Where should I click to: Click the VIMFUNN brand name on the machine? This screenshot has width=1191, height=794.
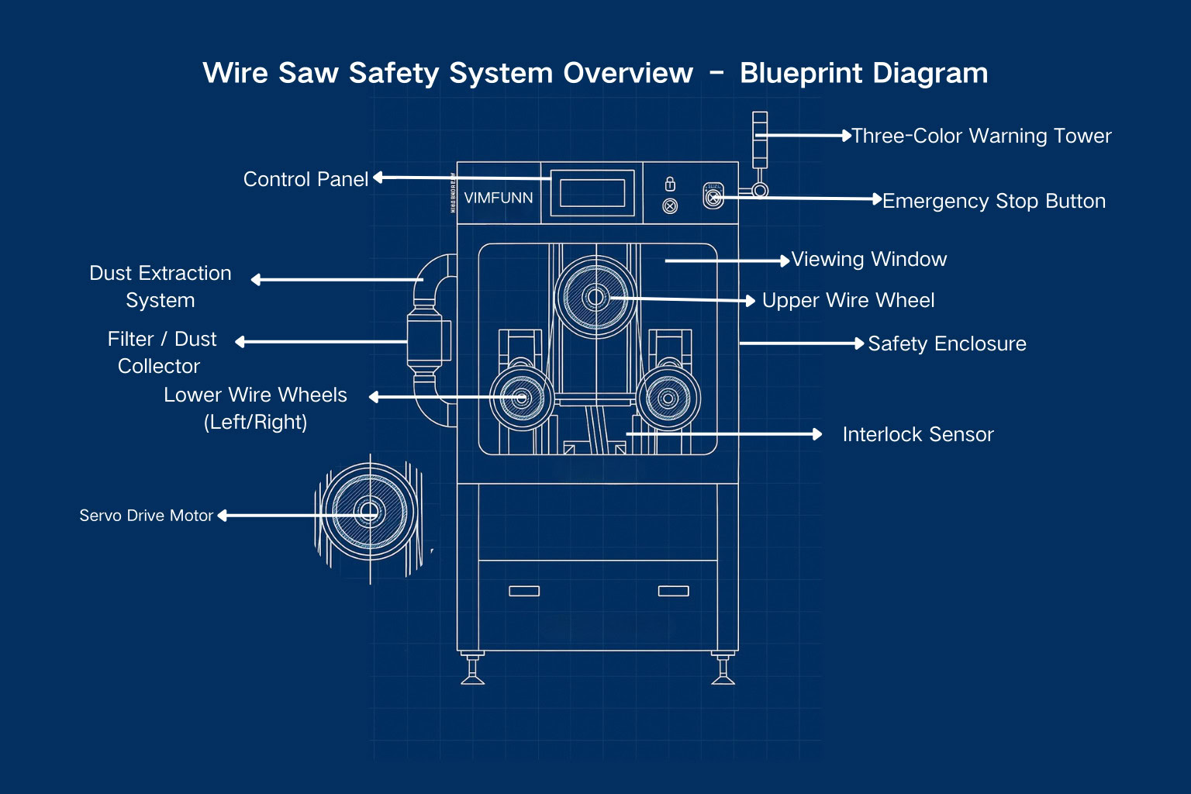498,198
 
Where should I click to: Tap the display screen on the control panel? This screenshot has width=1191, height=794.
592,193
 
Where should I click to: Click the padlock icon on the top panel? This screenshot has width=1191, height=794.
670,184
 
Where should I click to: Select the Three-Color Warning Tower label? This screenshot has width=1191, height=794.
981,136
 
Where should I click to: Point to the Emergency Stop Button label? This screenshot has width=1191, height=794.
993,201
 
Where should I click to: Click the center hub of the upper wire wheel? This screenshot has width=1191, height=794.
595,297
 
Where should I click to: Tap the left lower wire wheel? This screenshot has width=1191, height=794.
521,399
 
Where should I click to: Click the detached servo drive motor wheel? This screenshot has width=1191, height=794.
369,512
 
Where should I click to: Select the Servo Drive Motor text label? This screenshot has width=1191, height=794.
146,516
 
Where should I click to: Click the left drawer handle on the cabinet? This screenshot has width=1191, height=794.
524,591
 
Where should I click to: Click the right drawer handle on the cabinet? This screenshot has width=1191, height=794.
673,591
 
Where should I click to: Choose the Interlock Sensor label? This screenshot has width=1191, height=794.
917,434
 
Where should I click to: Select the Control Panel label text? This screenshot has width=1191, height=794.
306,179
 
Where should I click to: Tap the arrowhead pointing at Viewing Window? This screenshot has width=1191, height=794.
785,261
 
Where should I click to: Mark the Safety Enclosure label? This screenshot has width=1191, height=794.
947,343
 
